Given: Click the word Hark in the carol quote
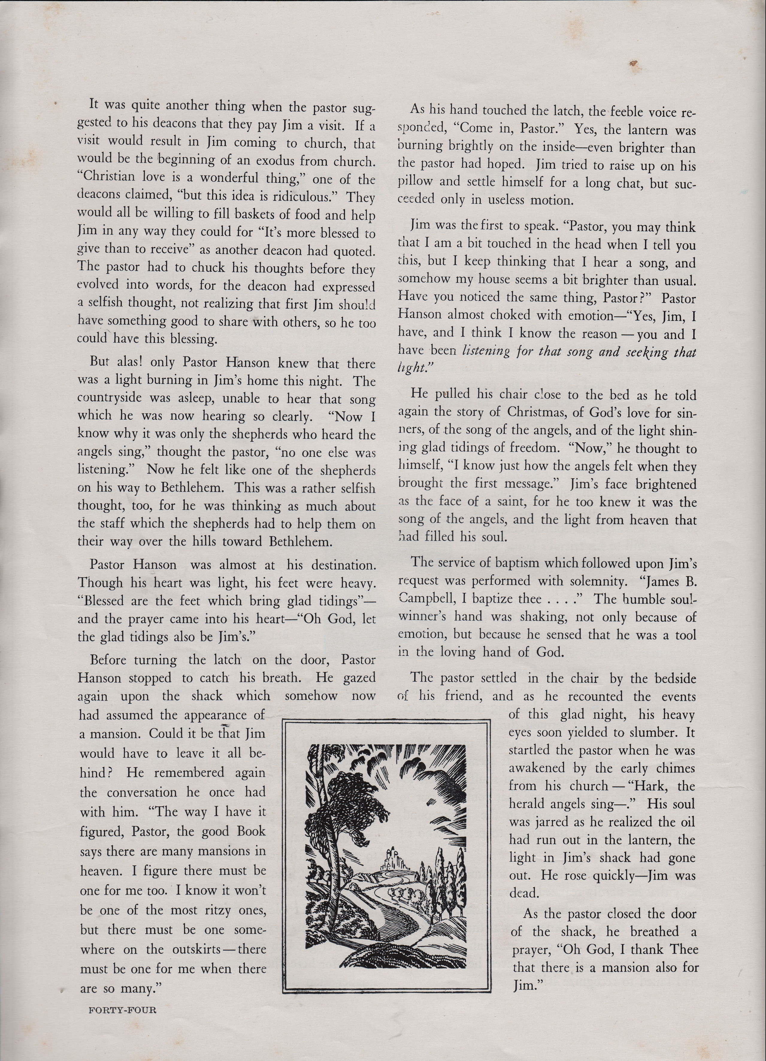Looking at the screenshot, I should coord(650,786).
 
